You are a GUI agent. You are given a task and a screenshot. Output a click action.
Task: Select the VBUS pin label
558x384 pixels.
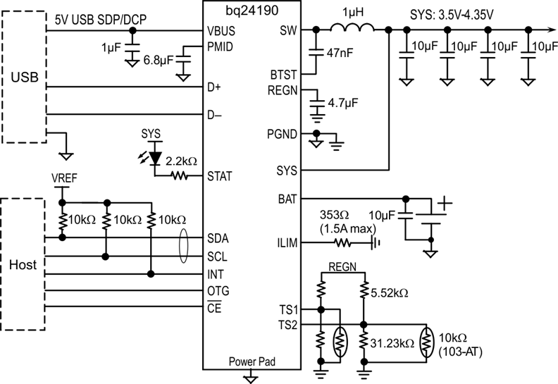221,32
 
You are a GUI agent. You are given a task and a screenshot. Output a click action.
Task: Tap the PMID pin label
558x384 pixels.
221,47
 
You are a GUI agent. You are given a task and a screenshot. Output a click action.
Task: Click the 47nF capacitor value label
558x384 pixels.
339,51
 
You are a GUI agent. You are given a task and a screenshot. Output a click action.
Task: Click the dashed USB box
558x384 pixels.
24,76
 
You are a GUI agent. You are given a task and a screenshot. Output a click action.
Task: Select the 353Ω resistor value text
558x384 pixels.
337,214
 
